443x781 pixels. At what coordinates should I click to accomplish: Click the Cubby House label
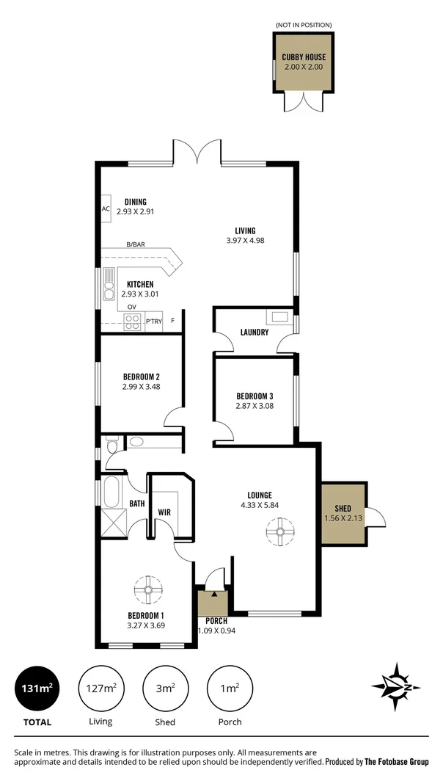click(x=304, y=57)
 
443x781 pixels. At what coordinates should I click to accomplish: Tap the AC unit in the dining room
click(x=106, y=208)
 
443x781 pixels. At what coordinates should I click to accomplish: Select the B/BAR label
click(x=135, y=244)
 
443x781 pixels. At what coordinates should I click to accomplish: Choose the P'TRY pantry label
click(x=153, y=321)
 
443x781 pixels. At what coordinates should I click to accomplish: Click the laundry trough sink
click(x=279, y=317)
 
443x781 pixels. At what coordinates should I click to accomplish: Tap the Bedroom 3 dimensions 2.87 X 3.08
click(x=255, y=405)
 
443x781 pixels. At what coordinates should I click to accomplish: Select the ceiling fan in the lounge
click(x=279, y=531)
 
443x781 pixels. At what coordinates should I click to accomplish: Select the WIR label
click(x=164, y=512)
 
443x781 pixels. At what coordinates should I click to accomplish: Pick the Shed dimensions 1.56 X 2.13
click(x=343, y=518)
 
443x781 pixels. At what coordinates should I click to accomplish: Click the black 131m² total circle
click(x=36, y=689)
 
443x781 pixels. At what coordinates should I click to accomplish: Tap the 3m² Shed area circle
click(x=164, y=689)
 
